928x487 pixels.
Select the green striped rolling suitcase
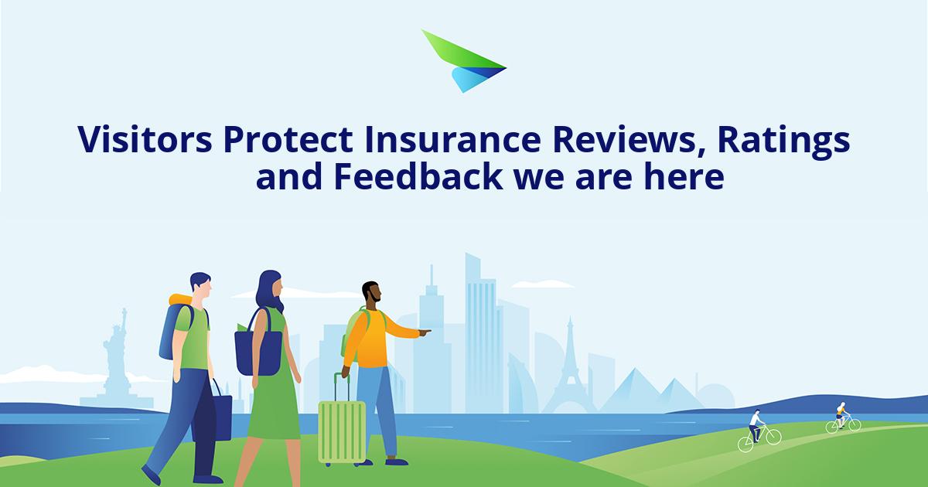pos(341,429)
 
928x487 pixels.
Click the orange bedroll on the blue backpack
pos(181,301)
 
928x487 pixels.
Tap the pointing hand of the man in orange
pos(425,333)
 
